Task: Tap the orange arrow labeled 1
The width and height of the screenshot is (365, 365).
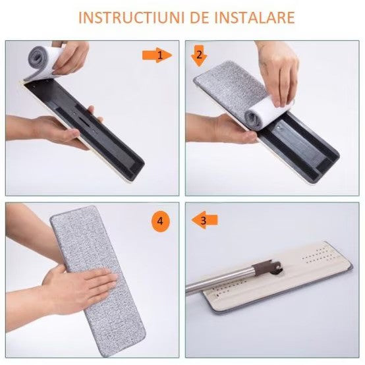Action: click(x=157, y=55)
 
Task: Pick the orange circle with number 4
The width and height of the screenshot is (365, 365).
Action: click(x=158, y=221)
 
